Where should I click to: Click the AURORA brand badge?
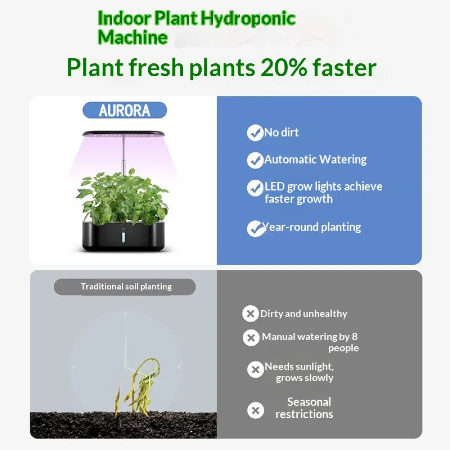(125, 110)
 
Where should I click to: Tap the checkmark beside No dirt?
(255, 133)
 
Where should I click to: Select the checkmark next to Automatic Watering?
(255, 160)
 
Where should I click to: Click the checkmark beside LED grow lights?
(255, 188)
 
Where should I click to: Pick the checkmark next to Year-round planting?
(255, 228)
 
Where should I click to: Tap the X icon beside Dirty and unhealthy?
(250, 313)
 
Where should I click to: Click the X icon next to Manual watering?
(251, 338)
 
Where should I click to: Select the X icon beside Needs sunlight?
(255, 369)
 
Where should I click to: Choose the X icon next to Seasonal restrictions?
(255, 410)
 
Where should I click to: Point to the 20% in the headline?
(284, 67)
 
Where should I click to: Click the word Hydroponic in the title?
(248, 18)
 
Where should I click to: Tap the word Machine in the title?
(132, 37)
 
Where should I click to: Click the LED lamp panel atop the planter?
(123, 133)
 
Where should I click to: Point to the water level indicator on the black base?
(123, 237)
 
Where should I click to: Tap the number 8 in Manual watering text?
(354, 336)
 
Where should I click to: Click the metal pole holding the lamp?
(124, 155)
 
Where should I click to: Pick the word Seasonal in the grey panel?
(309, 402)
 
